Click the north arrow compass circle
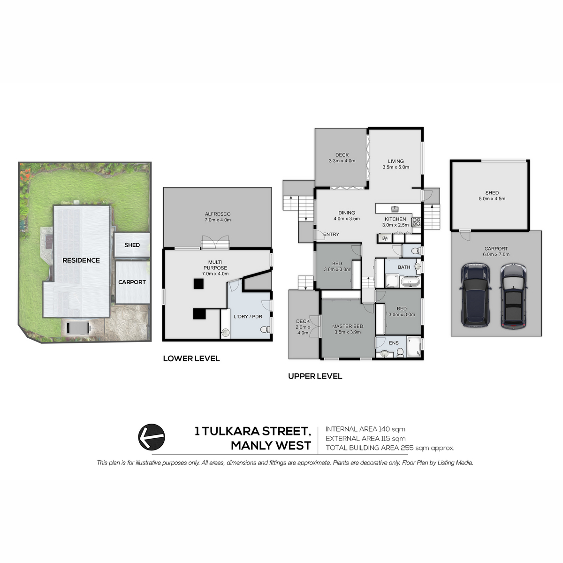click(x=152, y=436)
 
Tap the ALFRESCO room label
click(x=218, y=214)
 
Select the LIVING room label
click(x=396, y=161)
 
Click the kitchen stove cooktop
click(x=416, y=222)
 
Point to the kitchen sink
click(x=395, y=209)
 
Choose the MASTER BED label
click(x=347, y=326)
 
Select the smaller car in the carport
click(x=514, y=296)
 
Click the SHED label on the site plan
click(x=132, y=245)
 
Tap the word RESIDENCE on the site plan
click(x=81, y=260)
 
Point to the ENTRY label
click(x=331, y=234)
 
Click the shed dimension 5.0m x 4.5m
click(x=492, y=198)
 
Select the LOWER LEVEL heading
click(x=191, y=358)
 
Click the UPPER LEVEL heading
click(x=315, y=376)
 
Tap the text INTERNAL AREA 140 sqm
click(x=365, y=429)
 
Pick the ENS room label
click(x=394, y=342)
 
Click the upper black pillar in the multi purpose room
click(x=198, y=283)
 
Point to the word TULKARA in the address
click(x=230, y=431)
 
